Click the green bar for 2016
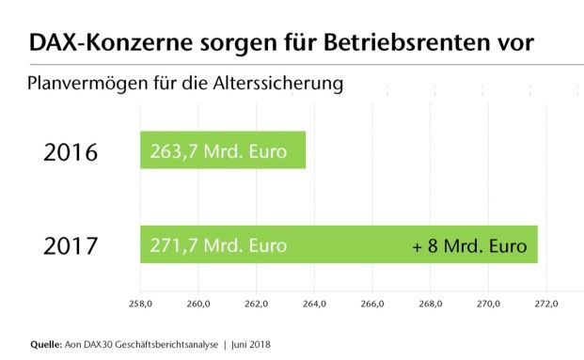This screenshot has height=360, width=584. coord(223,150)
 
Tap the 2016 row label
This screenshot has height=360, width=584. coord(71,150)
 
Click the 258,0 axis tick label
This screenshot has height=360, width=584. coord(140,304)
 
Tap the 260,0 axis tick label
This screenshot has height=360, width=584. coord(198,304)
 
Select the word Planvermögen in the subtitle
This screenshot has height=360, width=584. coord(86,84)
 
